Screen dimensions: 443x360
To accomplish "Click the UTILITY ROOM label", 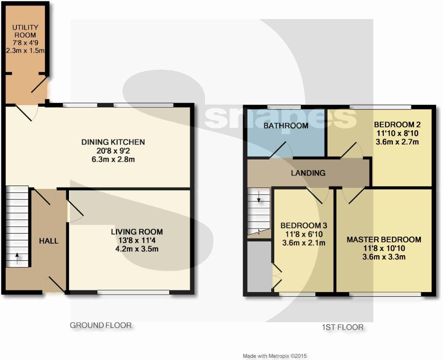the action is click(25, 31).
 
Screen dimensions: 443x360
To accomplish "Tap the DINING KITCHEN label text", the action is click(113, 142).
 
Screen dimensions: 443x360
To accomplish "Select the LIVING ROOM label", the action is click(137, 232).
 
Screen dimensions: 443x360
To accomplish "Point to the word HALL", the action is click(48, 241).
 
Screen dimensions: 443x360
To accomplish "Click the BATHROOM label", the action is click(286, 126).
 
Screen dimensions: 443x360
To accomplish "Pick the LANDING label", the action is click(308, 173).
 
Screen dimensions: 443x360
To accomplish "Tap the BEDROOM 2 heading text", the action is click(397, 125).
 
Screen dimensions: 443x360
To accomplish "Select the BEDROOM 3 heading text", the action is click(304, 225).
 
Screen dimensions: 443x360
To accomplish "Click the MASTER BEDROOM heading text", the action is click(384, 240).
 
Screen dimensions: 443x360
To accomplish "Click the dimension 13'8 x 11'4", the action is click(137, 241).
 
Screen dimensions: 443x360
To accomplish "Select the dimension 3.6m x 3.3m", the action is click(384, 257).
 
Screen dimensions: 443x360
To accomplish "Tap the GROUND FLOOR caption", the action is click(100, 325).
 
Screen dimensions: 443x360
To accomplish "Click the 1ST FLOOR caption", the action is click(343, 327).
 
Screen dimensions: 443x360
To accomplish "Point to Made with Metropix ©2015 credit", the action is click(275, 356).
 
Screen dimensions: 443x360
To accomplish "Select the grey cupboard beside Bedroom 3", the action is click(260, 266).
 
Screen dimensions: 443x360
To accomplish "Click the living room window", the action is click(133, 293).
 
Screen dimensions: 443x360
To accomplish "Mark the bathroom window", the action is click(284, 107).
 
